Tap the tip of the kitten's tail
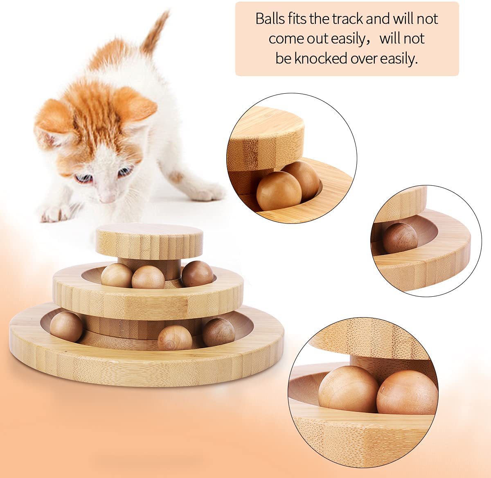coord(167,12)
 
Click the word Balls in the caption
coord(270,19)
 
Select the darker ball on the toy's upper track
coord(197,274)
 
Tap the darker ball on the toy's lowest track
coord(218,332)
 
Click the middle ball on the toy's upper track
coord(148,277)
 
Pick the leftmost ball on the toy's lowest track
coord(66,327)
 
